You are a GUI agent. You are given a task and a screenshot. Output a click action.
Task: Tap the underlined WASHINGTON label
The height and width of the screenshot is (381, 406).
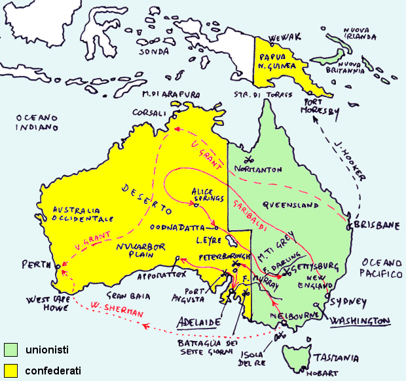(x=361, y=321)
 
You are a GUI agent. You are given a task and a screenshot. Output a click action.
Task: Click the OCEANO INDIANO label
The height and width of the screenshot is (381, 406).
(x=38, y=122)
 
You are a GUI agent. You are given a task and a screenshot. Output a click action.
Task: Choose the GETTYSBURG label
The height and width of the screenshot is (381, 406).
(x=317, y=266)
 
